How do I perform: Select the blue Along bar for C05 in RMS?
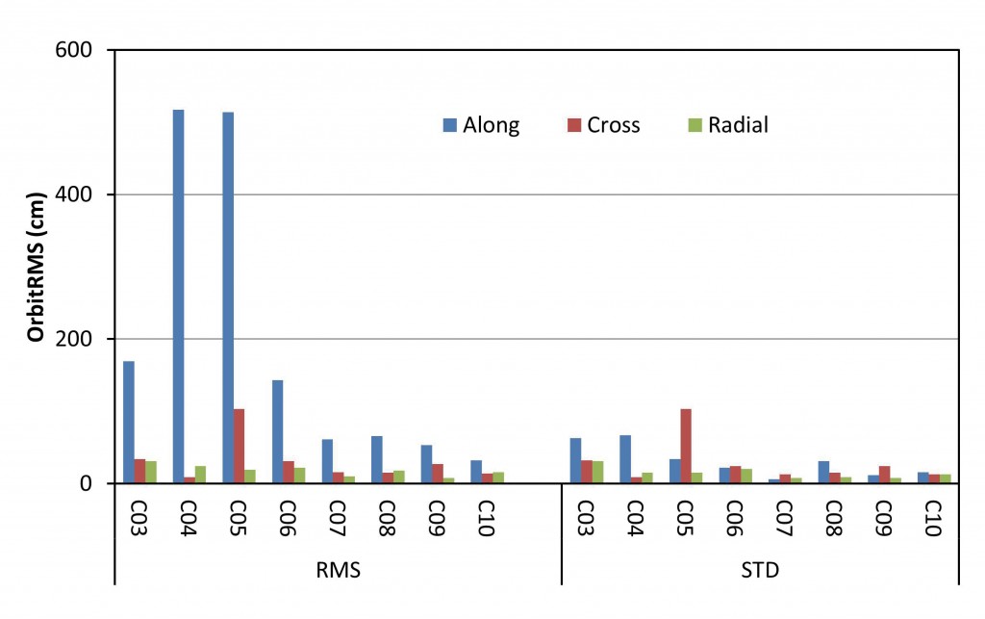(228, 297)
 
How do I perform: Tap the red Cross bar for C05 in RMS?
(239, 446)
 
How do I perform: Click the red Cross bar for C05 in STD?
(686, 446)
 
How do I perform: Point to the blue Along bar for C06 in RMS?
(277, 431)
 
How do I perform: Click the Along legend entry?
(481, 125)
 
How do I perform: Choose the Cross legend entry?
(603, 125)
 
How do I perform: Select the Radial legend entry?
(728, 125)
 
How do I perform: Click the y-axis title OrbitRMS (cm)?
(36, 266)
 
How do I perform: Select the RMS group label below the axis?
(338, 571)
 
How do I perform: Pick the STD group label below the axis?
(760, 571)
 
